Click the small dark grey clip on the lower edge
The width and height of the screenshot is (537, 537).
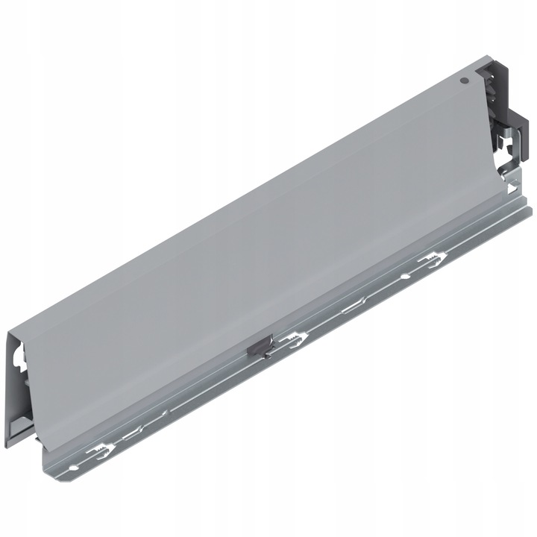[x=257, y=346]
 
